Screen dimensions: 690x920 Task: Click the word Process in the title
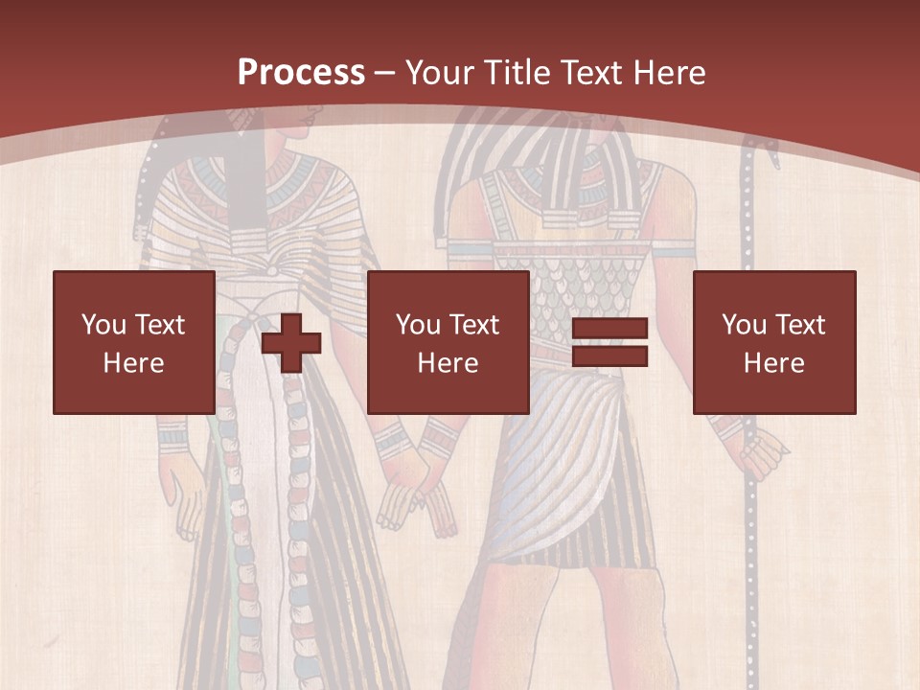click(301, 73)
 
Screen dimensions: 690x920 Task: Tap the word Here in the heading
click(667, 73)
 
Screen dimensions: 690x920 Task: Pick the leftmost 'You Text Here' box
click(133, 342)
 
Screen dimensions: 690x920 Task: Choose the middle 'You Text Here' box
click(448, 342)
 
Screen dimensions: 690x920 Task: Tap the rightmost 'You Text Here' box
click(773, 342)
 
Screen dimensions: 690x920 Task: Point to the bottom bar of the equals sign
click(609, 356)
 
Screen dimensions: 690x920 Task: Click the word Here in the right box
click(773, 362)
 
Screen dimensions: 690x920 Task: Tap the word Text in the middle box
click(472, 325)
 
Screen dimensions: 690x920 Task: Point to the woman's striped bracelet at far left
click(172, 435)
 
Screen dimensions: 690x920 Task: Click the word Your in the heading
click(437, 73)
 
